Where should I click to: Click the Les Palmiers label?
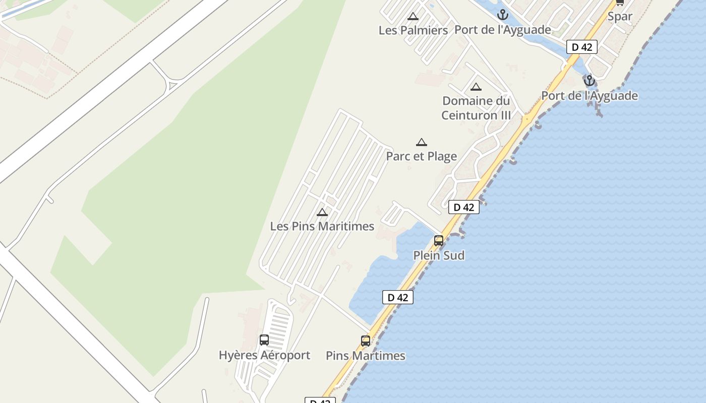[413, 30]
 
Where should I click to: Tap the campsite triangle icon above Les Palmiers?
[413, 17]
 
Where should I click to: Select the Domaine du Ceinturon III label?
[476, 108]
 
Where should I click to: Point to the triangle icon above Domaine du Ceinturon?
[476, 87]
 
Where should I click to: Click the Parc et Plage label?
[421, 156]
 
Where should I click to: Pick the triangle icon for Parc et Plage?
[421, 143]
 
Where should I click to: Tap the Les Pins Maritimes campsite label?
[322, 226]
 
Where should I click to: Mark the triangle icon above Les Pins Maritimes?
[322, 213]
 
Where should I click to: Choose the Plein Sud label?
[439, 255]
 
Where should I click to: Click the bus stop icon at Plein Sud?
[439, 241]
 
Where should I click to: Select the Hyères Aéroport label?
[264, 355]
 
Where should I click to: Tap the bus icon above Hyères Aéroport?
[264, 340]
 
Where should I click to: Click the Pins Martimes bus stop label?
[365, 356]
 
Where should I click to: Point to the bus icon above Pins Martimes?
[366, 341]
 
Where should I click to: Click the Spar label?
[620, 16]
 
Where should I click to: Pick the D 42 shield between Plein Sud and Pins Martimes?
[397, 297]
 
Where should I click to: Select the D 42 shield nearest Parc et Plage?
[463, 207]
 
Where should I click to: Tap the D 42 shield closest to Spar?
[581, 47]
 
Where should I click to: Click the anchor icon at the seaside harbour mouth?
[589, 81]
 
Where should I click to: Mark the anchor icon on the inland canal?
[502, 14]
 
